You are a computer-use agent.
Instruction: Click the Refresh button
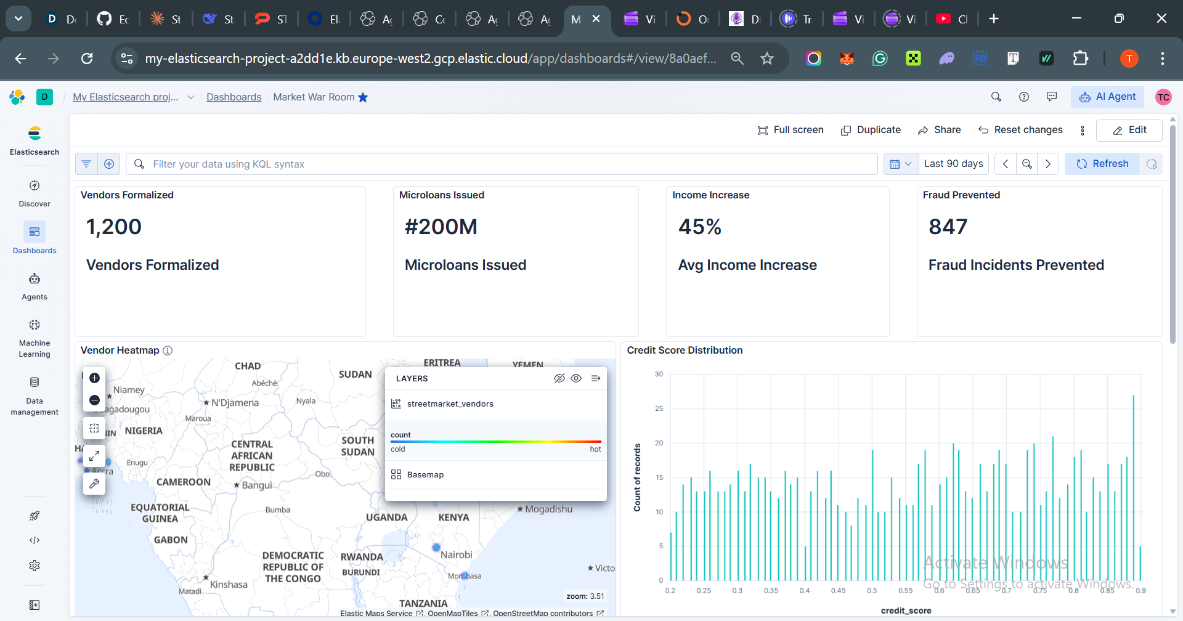[x=1102, y=164]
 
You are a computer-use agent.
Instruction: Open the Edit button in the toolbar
[x=1130, y=130]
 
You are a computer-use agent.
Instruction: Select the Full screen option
[x=791, y=130]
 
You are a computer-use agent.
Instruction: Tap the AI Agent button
[x=1108, y=97]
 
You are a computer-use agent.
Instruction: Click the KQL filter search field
[x=502, y=164]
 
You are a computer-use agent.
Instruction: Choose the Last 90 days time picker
[x=953, y=164]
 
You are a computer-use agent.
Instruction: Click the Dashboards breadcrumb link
[x=234, y=97]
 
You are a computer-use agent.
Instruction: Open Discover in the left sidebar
[x=35, y=193]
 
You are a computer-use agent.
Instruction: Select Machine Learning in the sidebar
[x=35, y=338]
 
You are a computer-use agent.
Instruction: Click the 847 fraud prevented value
[x=948, y=227]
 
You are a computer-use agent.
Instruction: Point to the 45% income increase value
[x=699, y=227]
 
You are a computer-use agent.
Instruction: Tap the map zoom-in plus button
[x=94, y=378]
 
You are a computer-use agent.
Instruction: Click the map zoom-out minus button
[x=94, y=400]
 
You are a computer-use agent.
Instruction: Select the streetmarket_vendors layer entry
[x=450, y=404]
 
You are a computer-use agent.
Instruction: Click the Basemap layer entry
[x=425, y=475]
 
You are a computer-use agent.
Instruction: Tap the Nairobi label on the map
[x=457, y=554]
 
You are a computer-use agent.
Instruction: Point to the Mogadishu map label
[x=548, y=509]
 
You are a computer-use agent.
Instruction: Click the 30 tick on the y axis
[x=659, y=374]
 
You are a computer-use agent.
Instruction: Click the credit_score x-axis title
[x=906, y=611]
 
